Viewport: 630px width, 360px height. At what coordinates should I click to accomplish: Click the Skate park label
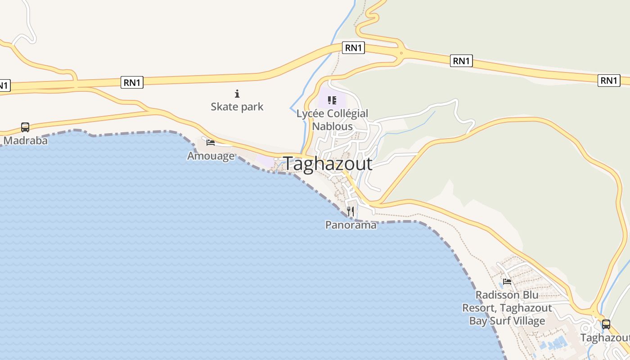[237, 107]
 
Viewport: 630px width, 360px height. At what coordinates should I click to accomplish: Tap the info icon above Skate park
[237, 94]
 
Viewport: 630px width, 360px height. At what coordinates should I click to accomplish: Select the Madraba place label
[25, 140]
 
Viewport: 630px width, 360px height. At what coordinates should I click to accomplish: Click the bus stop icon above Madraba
[25, 127]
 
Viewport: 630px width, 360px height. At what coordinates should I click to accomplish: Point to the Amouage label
[211, 156]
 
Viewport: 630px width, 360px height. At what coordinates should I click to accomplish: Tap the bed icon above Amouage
[210, 143]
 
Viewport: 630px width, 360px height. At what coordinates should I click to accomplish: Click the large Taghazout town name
[328, 164]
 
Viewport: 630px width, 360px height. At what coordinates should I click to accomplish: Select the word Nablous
[333, 126]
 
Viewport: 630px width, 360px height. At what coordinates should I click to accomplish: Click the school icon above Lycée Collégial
[332, 100]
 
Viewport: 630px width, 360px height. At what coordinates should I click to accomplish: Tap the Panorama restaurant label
[351, 225]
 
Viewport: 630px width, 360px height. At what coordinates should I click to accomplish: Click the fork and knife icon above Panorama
[351, 211]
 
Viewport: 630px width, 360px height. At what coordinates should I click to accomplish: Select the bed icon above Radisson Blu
[507, 282]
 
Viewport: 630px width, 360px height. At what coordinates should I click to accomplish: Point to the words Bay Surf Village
[507, 321]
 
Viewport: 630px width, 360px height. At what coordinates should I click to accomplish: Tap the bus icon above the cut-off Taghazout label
[606, 324]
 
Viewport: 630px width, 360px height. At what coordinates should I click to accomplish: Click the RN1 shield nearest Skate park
[132, 82]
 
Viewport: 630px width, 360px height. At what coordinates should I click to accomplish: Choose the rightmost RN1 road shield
[609, 81]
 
